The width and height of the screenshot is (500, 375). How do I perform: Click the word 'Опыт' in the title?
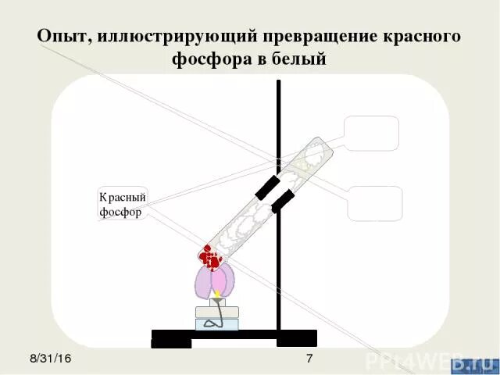pos(62,37)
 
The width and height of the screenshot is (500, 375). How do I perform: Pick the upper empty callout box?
pos(371,133)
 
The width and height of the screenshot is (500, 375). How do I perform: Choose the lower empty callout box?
pos(375,203)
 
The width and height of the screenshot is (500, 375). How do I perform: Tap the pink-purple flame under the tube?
pos(211,281)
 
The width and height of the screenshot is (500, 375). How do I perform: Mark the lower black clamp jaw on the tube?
pos(282,201)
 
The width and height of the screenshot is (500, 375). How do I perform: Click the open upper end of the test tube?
pos(320,144)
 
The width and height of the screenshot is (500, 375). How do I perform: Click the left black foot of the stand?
pos(171,341)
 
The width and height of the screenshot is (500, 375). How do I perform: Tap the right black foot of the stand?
pos(297,341)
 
